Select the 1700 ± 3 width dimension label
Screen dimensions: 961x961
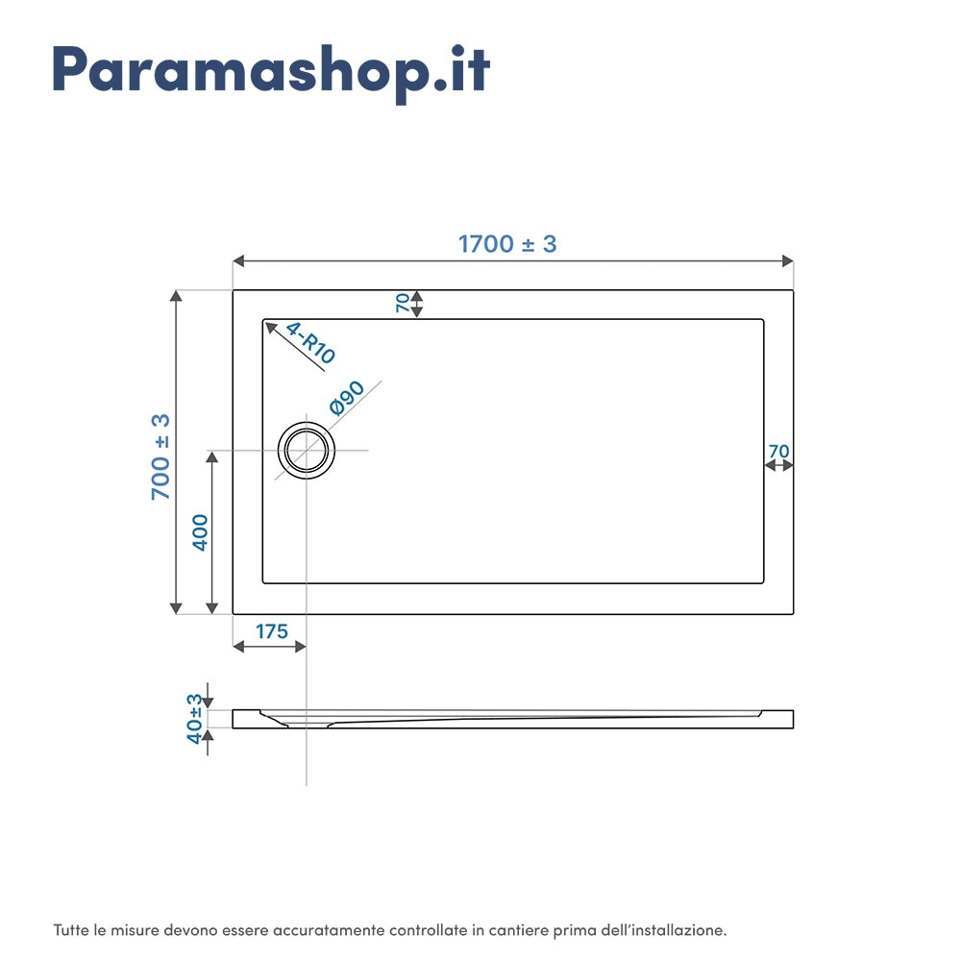(507, 244)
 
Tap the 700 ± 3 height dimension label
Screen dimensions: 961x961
(160, 456)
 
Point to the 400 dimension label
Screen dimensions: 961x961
(200, 532)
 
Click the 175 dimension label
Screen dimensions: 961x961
(272, 631)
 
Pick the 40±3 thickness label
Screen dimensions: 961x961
(194, 718)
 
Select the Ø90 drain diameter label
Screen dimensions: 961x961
(346, 398)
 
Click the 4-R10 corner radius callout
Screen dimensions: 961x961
(310, 343)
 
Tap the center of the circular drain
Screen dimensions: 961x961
(307, 451)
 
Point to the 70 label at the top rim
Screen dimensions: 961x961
(403, 303)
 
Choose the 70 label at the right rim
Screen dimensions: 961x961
(779, 451)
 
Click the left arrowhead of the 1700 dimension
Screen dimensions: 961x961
(238, 261)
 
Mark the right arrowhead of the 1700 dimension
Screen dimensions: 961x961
(788, 261)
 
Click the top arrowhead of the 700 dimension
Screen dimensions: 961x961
(176, 296)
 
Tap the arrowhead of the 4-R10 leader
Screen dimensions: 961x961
(270, 328)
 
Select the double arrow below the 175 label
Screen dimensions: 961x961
(270, 647)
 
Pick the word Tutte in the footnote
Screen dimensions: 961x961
(71, 930)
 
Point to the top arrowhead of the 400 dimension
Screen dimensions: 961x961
(212, 457)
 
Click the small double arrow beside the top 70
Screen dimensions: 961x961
(417, 304)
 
